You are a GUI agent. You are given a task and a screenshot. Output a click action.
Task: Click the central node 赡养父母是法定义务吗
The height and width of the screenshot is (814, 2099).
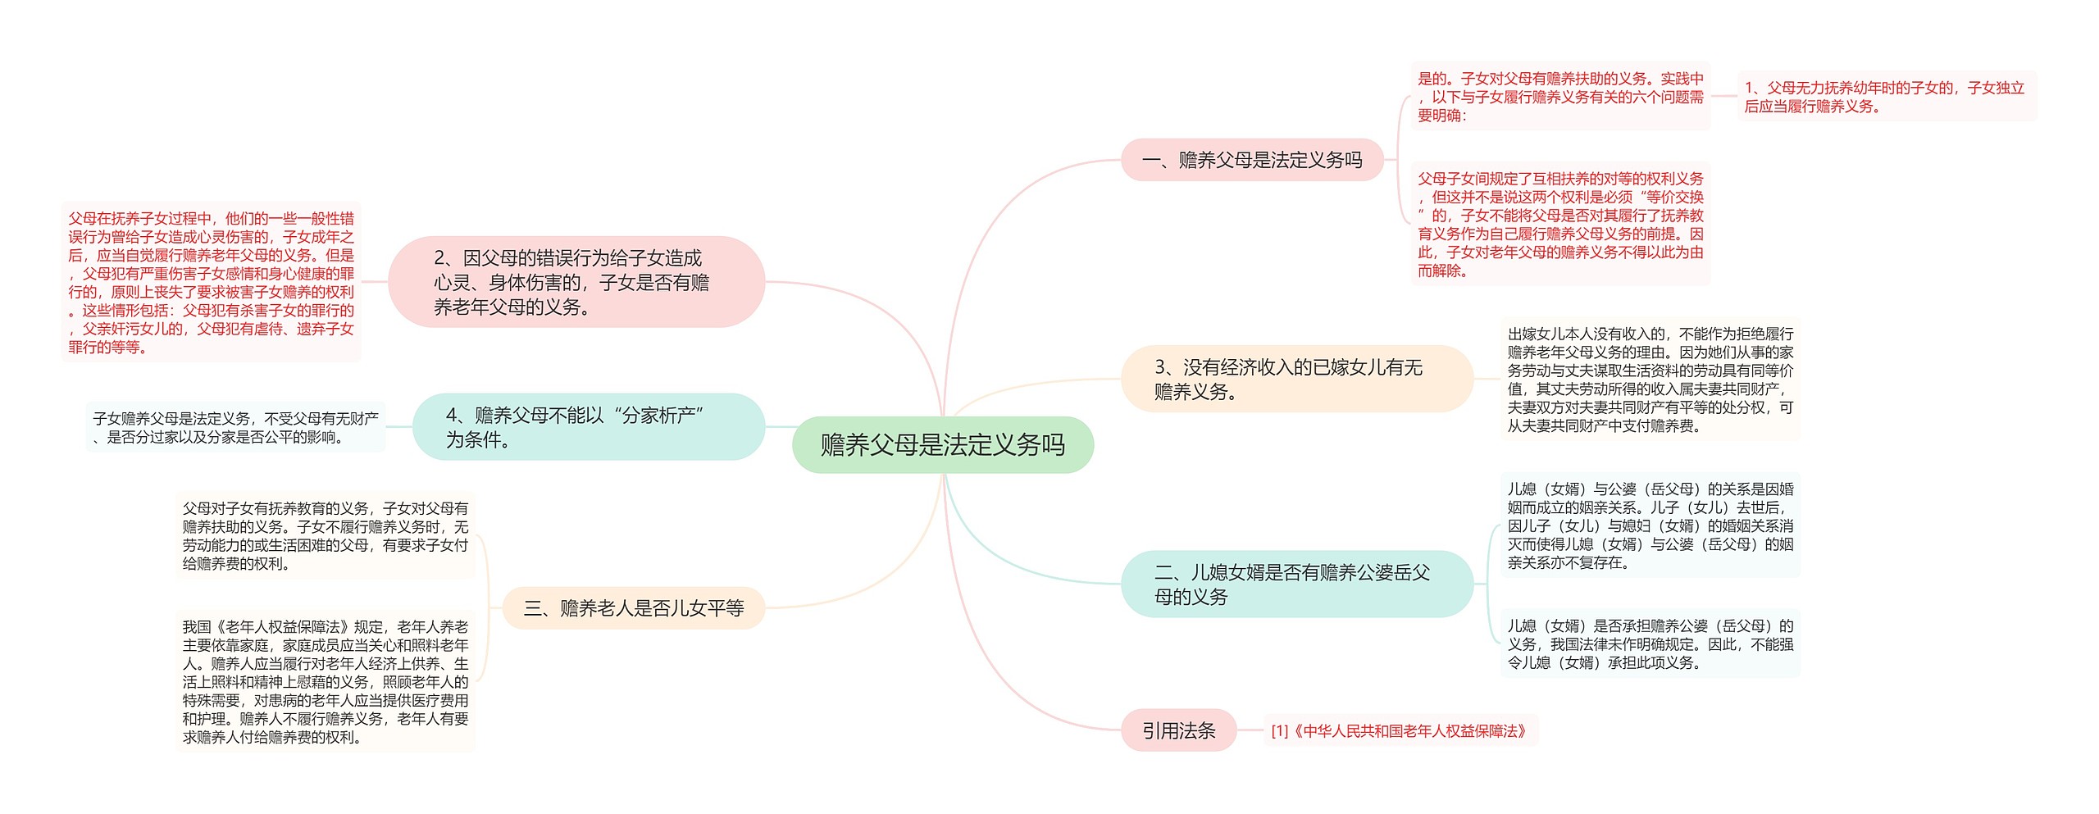(x=942, y=444)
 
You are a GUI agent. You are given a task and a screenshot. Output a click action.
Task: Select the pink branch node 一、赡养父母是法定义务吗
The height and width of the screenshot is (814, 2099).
(x=1251, y=160)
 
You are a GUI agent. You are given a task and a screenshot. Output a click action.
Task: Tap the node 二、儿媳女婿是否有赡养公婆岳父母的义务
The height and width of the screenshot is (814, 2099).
(x=1295, y=584)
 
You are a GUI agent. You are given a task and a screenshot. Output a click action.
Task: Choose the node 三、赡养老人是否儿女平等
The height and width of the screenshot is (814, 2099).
(x=633, y=608)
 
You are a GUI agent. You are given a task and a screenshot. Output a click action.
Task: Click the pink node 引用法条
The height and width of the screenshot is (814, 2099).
(x=1178, y=730)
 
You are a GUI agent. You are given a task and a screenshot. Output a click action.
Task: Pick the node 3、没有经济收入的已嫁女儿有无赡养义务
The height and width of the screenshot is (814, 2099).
(x=1295, y=379)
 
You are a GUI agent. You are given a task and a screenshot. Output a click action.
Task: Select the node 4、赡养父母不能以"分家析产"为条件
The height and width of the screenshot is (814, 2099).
(x=588, y=426)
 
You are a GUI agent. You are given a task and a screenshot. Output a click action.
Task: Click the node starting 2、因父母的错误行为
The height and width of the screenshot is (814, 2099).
(x=576, y=282)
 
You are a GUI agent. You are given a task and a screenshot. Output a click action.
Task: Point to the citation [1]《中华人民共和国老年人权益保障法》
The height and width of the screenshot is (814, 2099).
(x=1399, y=730)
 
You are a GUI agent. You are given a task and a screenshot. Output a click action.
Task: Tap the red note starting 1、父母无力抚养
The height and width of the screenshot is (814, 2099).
(x=1886, y=97)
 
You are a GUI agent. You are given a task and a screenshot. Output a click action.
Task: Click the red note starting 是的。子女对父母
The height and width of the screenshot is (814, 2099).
(x=1560, y=97)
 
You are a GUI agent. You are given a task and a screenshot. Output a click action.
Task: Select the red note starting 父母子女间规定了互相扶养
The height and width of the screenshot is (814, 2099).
(x=1560, y=224)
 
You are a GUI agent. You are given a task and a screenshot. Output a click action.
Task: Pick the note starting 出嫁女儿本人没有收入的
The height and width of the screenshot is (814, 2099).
(x=1650, y=380)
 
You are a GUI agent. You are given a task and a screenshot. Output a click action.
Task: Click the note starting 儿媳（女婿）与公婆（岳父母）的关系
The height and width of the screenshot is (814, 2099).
(x=1650, y=525)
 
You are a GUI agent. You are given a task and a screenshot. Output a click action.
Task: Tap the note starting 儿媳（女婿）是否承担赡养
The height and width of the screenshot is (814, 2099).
(x=1650, y=643)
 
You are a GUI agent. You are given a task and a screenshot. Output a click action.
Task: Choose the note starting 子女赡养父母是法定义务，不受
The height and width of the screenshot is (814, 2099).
(x=235, y=427)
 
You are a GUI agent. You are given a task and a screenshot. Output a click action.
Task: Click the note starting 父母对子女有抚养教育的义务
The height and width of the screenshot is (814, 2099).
(x=325, y=535)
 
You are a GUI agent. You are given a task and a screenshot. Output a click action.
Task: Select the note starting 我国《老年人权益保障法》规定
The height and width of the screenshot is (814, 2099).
(x=325, y=681)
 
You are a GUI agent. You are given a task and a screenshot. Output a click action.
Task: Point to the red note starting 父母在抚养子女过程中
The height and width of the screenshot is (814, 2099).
(x=211, y=282)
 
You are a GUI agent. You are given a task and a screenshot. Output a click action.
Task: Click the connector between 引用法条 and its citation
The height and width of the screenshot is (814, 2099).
(x=1250, y=730)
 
